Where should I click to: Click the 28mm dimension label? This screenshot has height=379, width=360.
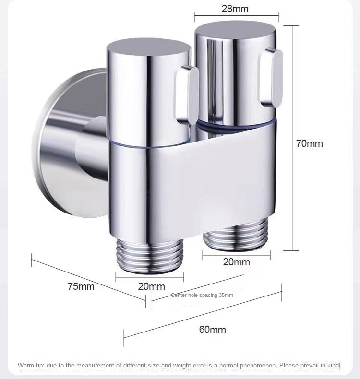(x=235, y=8)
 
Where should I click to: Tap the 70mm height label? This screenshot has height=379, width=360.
(x=309, y=143)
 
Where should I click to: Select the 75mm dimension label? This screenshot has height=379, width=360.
(x=81, y=286)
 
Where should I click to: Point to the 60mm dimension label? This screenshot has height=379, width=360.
(x=212, y=330)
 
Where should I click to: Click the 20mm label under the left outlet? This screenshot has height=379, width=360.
(x=151, y=286)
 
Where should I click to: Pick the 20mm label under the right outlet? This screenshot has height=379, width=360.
(x=236, y=262)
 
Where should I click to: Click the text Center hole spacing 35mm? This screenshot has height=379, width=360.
(x=202, y=295)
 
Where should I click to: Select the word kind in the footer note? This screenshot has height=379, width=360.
(x=333, y=366)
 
